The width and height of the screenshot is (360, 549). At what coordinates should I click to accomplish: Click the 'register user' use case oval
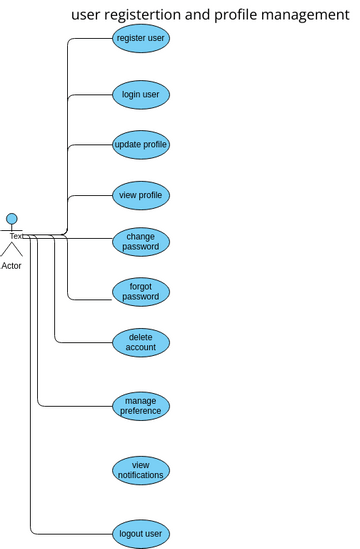coord(141,39)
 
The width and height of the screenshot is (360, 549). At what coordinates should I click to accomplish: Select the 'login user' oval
coord(141,95)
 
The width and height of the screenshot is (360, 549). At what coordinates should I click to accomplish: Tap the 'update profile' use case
coord(141,144)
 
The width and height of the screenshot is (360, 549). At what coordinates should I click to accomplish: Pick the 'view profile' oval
coord(141,195)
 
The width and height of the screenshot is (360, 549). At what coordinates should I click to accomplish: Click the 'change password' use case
coord(141,241)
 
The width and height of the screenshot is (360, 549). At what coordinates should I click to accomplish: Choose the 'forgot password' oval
coord(141,291)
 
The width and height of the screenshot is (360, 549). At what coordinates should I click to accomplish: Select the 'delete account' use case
coord(141,342)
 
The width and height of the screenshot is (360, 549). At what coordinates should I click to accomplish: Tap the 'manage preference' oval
coord(141,405)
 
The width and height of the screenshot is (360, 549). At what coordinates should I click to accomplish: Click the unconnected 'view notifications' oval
coord(141,470)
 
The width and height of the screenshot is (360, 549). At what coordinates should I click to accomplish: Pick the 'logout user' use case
coord(141,534)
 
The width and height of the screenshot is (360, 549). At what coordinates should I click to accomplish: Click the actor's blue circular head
coord(12,219)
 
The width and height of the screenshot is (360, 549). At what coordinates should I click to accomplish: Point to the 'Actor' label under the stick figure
coord(12,266)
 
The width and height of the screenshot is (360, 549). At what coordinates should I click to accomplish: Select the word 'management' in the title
coord(302,15)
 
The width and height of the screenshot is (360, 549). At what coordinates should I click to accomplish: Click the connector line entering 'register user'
coord(90,39)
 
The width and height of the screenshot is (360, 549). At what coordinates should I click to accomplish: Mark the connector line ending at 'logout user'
coord(70,534)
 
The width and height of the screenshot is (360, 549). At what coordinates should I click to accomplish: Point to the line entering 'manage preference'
coord(75,405)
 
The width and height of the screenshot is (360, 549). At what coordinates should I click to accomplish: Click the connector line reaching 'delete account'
coord(85,342)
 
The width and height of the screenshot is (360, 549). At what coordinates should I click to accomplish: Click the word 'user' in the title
coord(88,15)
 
